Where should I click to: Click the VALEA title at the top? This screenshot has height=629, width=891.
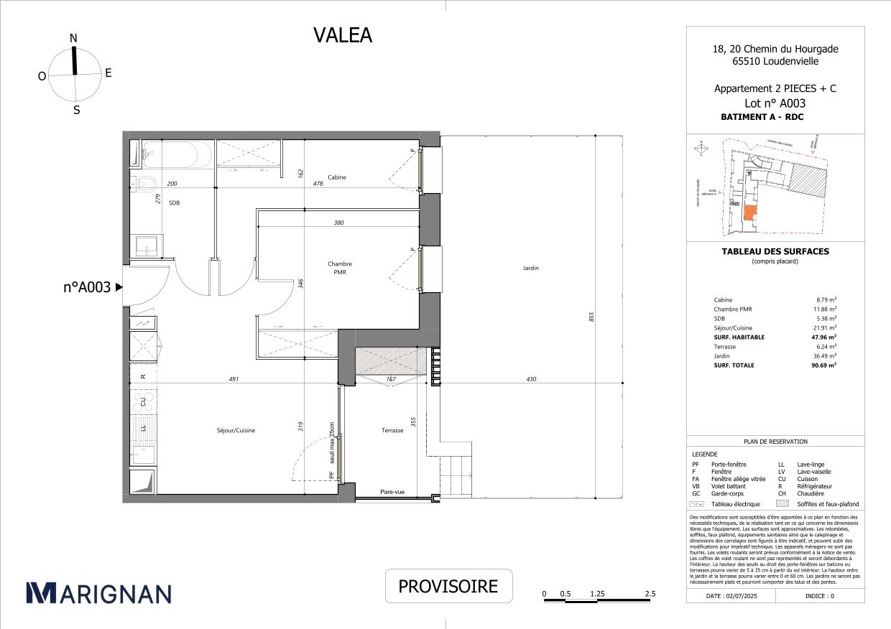[343, 35]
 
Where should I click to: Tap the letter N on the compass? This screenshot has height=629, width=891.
[73, 38]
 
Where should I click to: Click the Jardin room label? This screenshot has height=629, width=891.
[531, 268]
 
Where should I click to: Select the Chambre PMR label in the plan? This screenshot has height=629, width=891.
[339, 268]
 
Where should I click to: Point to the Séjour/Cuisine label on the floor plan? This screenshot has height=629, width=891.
[236, 431]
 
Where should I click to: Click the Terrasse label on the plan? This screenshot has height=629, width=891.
[392, 431]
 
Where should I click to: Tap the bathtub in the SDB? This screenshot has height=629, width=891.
[177, 153]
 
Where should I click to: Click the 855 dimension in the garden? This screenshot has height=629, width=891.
[591, 316]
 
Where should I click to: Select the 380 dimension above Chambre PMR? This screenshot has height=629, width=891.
[339, 223]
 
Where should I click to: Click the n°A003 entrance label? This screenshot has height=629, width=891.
[87, 287]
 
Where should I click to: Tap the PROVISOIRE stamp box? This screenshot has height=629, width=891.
[448, 586]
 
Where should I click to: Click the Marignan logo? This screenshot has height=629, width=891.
[98, 592]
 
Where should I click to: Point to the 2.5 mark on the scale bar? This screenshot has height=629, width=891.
[650, 594]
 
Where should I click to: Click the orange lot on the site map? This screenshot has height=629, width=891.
[749, 213]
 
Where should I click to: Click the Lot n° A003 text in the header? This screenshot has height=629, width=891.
[775, 103]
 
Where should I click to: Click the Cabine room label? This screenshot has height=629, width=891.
[337, 177]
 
